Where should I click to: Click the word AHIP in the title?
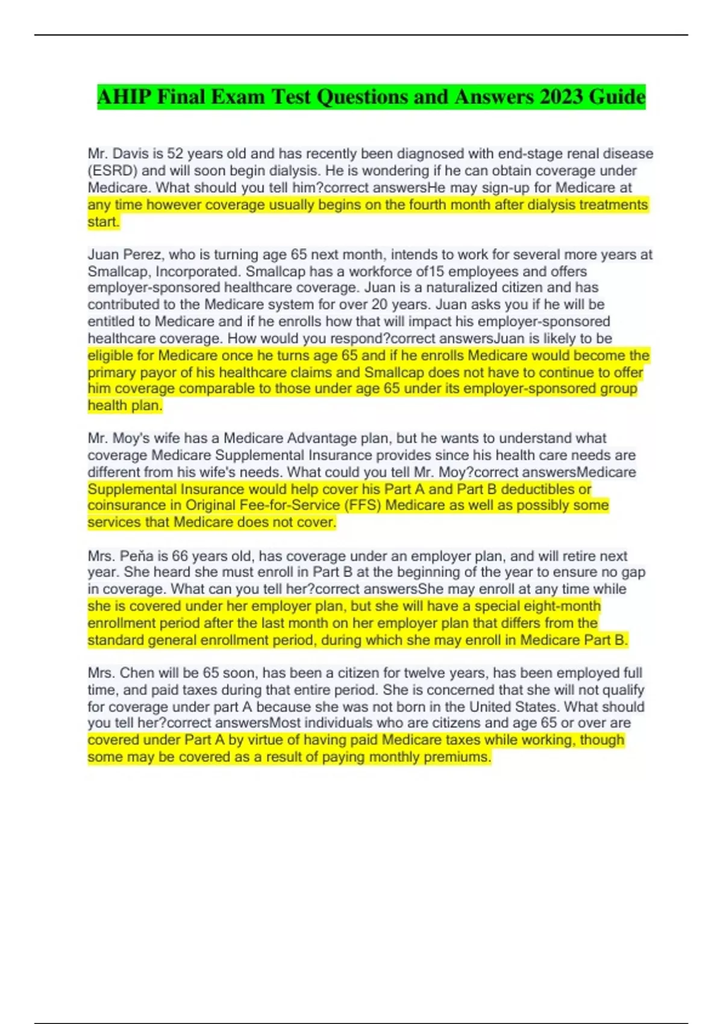123,97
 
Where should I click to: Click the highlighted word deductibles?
539,489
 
